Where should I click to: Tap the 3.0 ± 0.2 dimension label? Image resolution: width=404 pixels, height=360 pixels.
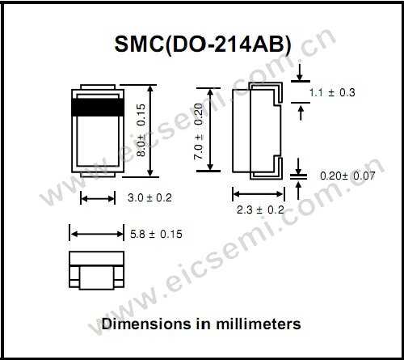tap(150, 197)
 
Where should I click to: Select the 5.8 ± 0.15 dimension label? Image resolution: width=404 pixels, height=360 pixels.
tap(156, 234)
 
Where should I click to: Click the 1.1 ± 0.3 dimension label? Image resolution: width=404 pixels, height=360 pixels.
tap(332, 93)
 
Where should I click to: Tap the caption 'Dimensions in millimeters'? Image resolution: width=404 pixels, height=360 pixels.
tap(201, 324)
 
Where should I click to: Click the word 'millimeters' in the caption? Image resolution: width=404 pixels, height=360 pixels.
tap(260, 324)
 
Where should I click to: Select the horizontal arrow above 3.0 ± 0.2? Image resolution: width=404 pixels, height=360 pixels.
tap(99, 197)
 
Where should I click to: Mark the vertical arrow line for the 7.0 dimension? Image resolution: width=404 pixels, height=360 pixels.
tap(213, 129)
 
